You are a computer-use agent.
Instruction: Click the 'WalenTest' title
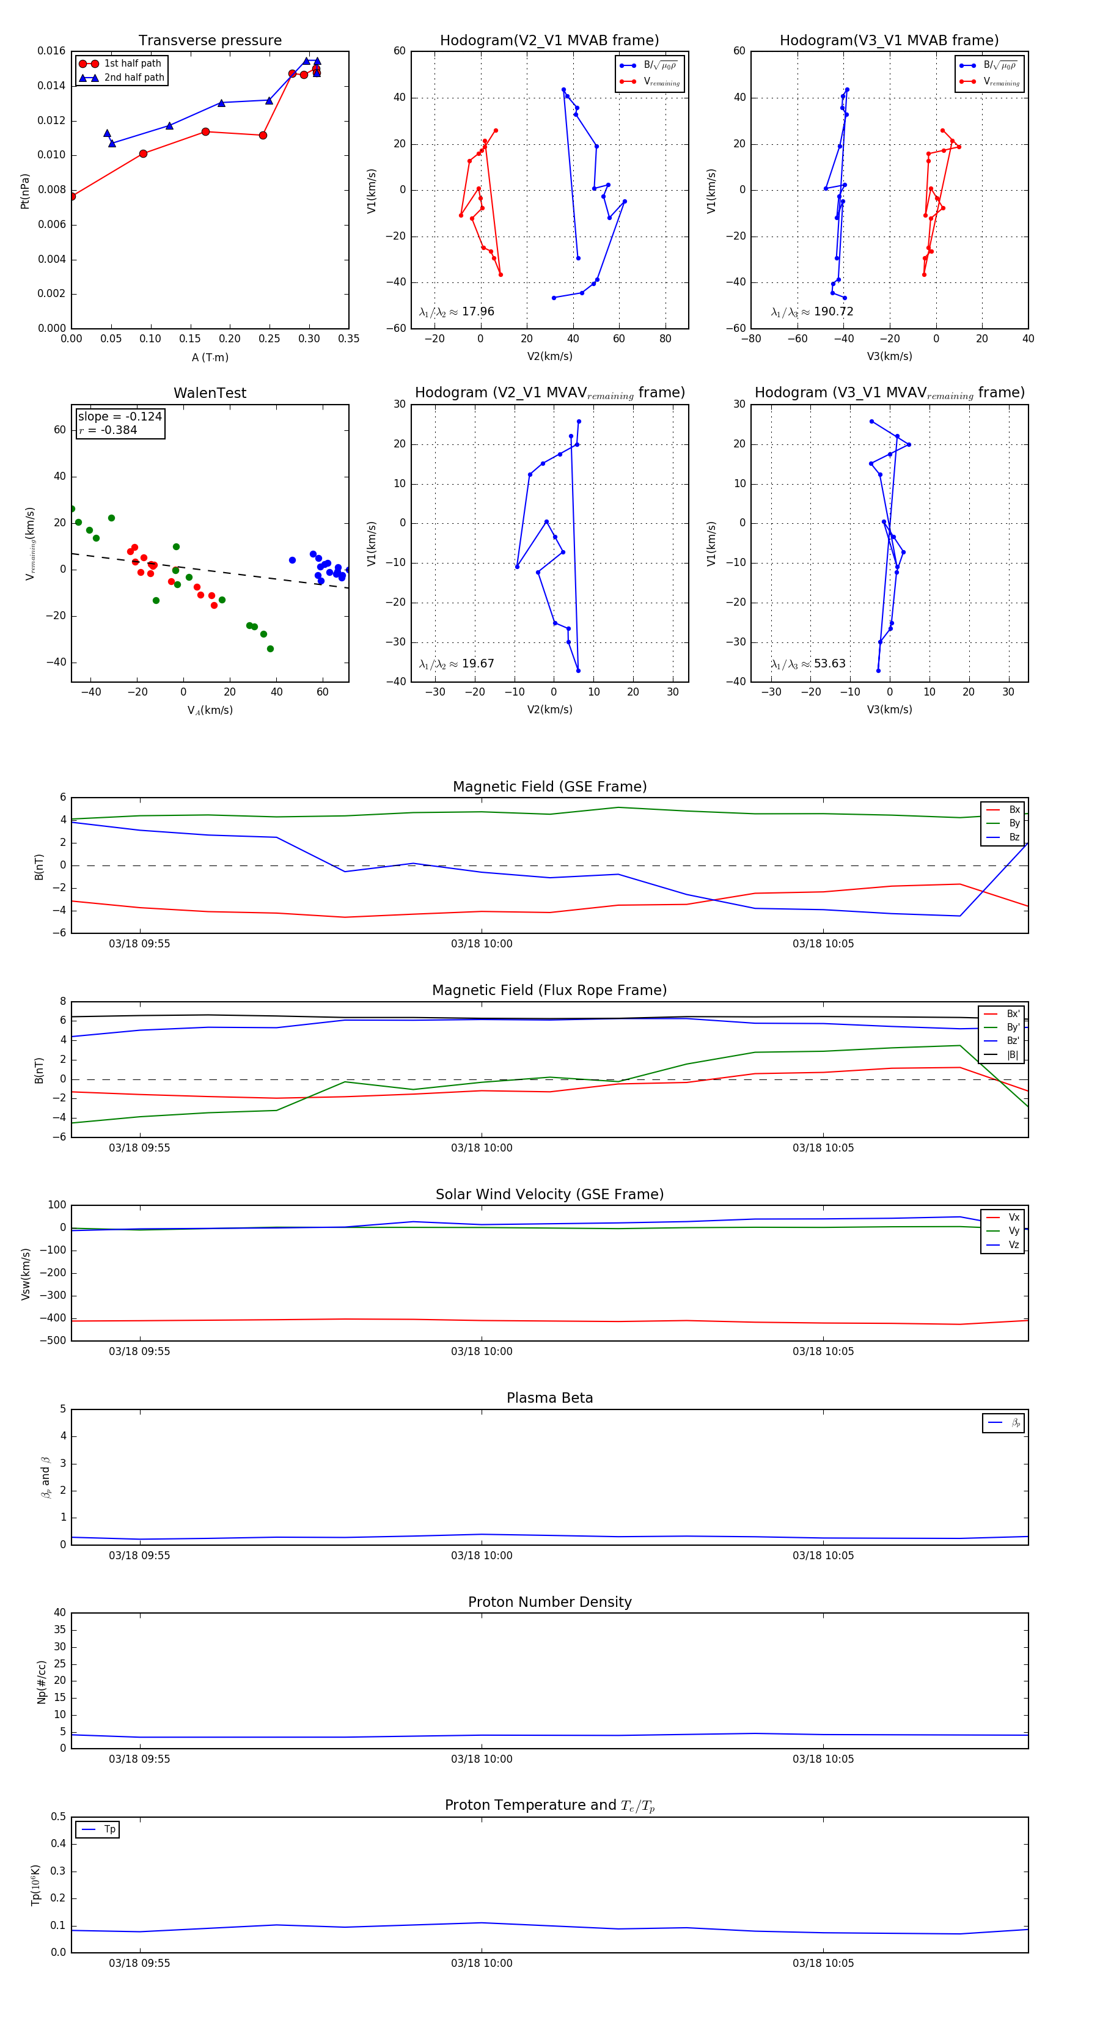coord(210,393)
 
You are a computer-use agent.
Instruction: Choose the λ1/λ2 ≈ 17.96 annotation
coord(457,312)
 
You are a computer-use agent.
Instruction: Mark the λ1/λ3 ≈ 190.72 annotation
coord(812,312)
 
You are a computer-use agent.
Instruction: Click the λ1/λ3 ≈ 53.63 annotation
coord(808,664)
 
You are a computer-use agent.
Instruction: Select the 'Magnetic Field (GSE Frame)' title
coord(549,787)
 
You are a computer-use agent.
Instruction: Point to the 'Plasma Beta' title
coord(549,1398)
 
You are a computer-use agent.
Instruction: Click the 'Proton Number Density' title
coord(549,1602)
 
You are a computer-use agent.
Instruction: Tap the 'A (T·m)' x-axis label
coord(210,358)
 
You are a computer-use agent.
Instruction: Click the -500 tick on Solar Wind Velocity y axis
coord(52,1340)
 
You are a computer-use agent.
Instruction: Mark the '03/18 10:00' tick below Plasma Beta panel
coord(482,1555)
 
